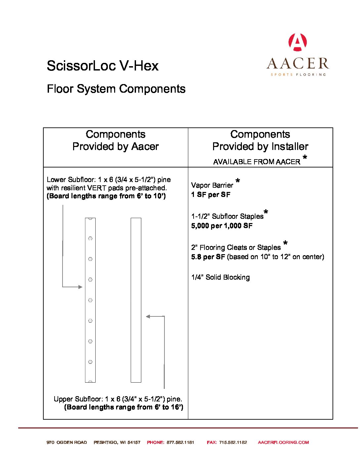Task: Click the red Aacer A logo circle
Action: [297, 42]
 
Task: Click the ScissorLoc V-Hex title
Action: [103, 66]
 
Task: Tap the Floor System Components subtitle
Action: [116, 89]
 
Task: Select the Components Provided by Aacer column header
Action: [115, 140]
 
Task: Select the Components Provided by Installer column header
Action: [260, 140]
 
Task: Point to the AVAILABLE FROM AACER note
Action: [256, 162]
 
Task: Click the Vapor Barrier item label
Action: [212, 185]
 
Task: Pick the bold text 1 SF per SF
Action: [211, 195]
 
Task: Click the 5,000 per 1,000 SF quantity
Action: [222, 226]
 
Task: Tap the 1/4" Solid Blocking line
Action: [220, 277]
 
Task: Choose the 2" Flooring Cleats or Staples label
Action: [236, 248]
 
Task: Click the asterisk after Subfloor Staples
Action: [266, 212]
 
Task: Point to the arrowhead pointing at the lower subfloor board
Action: [80, 287]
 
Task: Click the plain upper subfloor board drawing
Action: [136, 300]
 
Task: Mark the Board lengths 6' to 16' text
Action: [123, 407]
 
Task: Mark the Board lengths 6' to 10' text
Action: [106, 196]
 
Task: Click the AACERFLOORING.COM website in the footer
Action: [283, 442]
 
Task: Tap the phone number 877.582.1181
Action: [180, 442]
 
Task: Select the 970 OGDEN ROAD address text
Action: [67, 442]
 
